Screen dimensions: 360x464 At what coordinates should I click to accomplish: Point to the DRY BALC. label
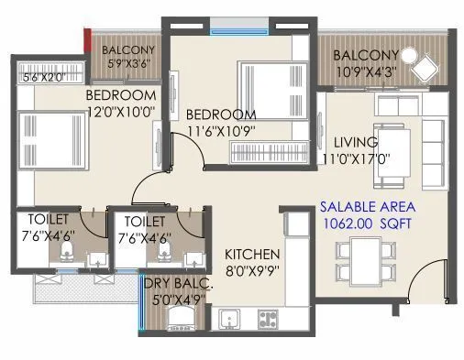pyautogui.click(x=178, y=285)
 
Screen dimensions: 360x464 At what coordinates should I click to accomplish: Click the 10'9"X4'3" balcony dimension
pyautogui.click(x=367, y=71)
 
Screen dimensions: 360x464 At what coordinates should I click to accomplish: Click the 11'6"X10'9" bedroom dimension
pyautogui.click(x=221, y=129)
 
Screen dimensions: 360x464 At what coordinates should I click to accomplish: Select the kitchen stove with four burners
pyautogui.click(x=271, y=320)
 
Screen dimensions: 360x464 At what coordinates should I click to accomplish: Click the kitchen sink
pyautogui.click(x=229, y=320)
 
